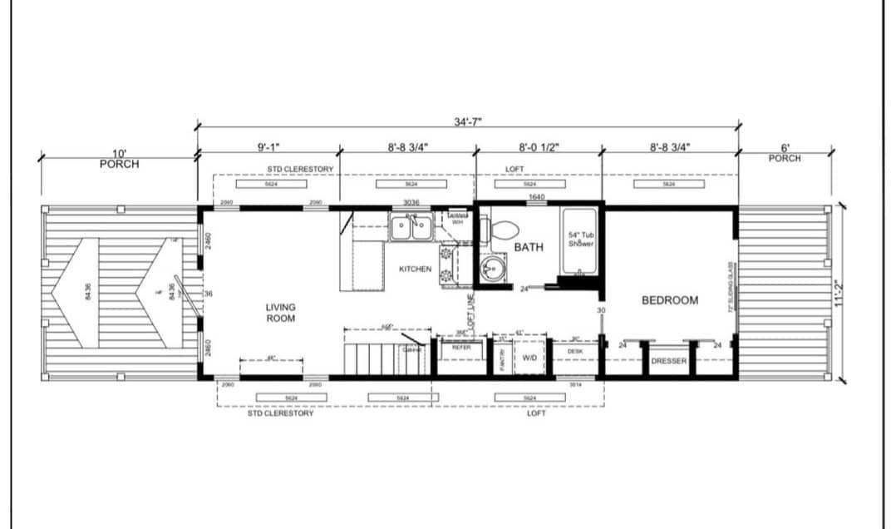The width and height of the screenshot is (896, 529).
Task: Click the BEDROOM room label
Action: tap(669, 300)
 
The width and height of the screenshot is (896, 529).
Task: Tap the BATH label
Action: tap(529, 247)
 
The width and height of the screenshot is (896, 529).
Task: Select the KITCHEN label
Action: tap(415, 269)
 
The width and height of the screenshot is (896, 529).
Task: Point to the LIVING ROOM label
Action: tap(280, 312)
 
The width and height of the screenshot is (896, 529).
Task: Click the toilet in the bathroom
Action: tap(505, 227)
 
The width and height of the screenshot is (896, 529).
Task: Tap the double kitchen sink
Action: tap(410, 226)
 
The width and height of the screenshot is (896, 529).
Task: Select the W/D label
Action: tap(530, 358)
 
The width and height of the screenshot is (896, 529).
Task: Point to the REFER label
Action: tap(461, 347)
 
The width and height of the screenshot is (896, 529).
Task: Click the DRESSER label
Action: tap(668, 361)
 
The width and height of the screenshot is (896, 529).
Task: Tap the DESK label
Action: tap(575, 352)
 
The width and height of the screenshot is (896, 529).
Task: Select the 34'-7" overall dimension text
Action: tap(468, 121)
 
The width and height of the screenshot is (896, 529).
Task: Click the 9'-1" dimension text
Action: tap(268, 147)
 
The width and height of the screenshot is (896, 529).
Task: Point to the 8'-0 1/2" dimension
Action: tap(539, 147)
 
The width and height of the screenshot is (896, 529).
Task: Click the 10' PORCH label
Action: tap(119, 159)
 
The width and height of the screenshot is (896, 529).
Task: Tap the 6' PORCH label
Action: tap(785, 153)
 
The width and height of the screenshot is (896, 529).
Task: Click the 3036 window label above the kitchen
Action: tap(411, 202)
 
